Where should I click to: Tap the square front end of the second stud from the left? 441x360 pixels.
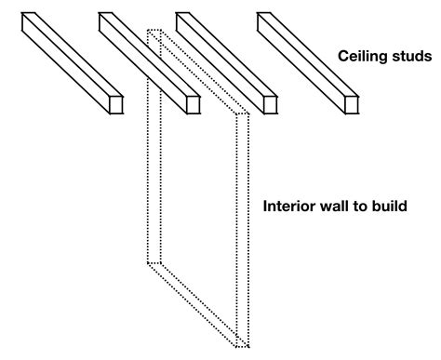click(x=194, y=104)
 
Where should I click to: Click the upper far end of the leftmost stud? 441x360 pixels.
click(x=29, y=19)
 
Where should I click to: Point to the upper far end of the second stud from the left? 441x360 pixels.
click(x=104, y=19)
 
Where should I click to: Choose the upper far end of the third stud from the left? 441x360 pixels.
click(x=182, y=19)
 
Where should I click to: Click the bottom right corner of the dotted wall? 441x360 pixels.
click(x=246, y=345)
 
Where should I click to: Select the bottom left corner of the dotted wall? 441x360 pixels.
click(x=149, y=264)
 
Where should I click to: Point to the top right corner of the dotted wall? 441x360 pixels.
click(x=246, y=113)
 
